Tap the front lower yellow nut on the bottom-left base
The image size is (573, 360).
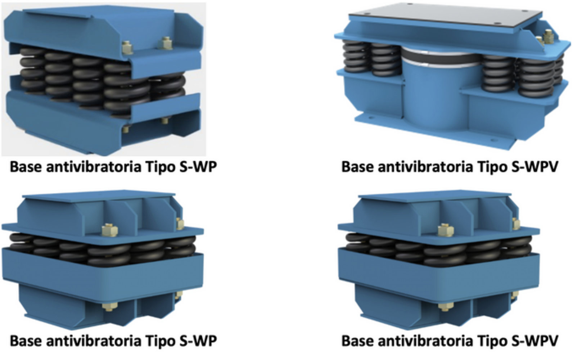click(110, 306)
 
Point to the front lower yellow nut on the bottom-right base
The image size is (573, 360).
click(446, 306)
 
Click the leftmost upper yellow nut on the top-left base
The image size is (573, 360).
click(127, 47)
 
